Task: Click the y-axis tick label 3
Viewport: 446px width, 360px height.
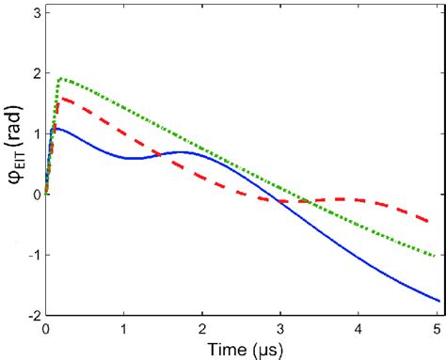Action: tap(35, 12)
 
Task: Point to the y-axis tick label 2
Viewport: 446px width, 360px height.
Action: tap(35, 73)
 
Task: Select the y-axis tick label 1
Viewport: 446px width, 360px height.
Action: tap(35, 134)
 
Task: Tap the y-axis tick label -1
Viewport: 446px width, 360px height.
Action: tap(33, 256)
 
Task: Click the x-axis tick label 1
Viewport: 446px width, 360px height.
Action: tap(123, 329)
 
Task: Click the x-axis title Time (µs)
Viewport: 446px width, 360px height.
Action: tap(241, 349)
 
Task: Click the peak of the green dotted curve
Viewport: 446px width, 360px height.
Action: tap(61, 79)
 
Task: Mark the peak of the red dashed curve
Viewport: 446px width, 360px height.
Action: tap(61, 97)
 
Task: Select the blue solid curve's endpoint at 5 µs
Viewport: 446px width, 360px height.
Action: tap(438, 301)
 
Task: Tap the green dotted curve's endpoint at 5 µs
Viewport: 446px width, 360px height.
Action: tap(438, 256)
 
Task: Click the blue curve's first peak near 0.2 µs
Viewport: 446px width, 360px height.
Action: tap(58, 128)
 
